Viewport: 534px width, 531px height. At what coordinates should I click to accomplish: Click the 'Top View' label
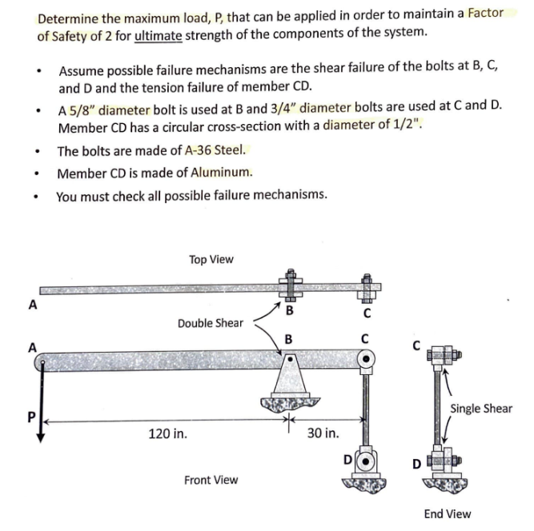coord(211,260)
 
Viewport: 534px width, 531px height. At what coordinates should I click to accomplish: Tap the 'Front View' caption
coord(211,480)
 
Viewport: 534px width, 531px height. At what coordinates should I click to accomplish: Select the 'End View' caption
coord(447,513)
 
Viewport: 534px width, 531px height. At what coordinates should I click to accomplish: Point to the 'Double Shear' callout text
coord(210,323)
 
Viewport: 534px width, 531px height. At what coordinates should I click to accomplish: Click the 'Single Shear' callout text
coord(480,409)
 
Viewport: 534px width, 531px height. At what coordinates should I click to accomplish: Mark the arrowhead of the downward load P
coord(38,437)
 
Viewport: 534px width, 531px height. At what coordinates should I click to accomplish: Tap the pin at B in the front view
coord(287,361)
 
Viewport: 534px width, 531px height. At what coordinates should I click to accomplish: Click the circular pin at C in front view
coord(366,361)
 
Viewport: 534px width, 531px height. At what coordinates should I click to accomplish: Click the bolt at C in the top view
coord(366,285)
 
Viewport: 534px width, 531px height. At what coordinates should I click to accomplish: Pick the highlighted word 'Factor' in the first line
coord(485,14)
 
